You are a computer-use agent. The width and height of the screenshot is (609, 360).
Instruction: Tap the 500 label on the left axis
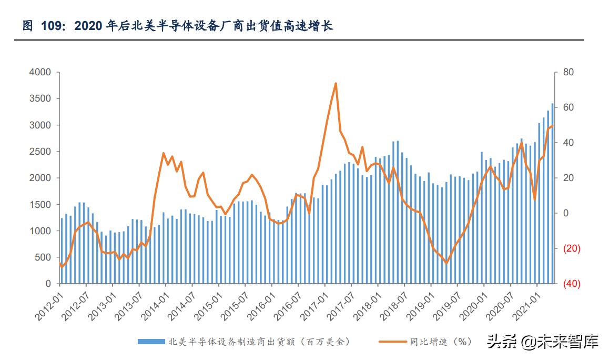pyautogui.click(x=43, y=257)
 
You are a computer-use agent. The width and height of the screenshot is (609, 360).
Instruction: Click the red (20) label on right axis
pyautogui.click(x=571, y=248)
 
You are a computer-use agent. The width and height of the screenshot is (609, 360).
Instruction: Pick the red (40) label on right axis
pyautogui.click(x=571, y=284)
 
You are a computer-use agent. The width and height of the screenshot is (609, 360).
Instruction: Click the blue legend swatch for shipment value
pyautogui.click(x=150, y=342)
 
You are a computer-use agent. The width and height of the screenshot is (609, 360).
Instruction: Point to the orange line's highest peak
pyautogui.click(x=336, y=83)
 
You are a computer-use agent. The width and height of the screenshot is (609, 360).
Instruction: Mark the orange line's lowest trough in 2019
pyautogui.click(x=446, y=263)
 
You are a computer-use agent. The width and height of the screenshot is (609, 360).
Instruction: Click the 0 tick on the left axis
pyautogui.click(x=48, y=284)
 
